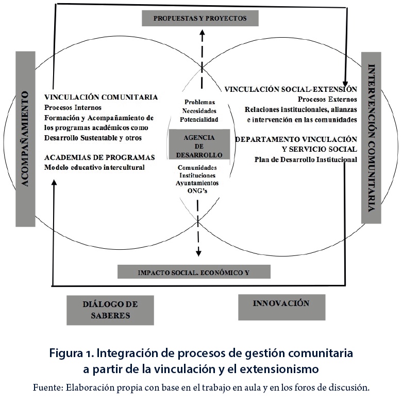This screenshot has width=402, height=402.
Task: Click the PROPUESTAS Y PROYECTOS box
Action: pyautogui.click(x=200, y=18)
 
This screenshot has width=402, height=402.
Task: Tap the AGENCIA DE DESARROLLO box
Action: pyautogui.click(x=199, y=144)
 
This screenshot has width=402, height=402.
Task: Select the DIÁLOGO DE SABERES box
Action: pyautogui.click(x=110, y=310)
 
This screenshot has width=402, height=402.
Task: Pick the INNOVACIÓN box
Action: pyautogui.click(x=282, y=307)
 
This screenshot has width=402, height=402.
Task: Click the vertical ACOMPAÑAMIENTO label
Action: pyautogui.click(x=25, y=139)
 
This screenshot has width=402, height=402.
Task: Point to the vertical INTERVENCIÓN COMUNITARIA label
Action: pyautogui.click(x=371, y=138)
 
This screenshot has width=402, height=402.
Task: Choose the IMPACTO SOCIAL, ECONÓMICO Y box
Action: pyautogui.click(x=194, y=272)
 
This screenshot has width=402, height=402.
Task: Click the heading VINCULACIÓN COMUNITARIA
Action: pyautogui.click(x=101, y=97)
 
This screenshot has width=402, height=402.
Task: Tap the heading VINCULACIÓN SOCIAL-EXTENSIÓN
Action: pyautogui.click(x=291, y=89)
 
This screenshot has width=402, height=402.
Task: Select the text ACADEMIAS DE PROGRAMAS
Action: pyautogui.click(x=99, y=157)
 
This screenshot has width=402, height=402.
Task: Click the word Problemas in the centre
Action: pyautogui.click(x=200, y=102)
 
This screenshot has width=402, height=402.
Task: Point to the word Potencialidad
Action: pyautogui.click(x=199, y=119)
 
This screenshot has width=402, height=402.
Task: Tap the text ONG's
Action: pyautogui.click(x=197, y=191)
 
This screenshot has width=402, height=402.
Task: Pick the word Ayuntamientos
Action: pyautogui.click(x=197, y=183)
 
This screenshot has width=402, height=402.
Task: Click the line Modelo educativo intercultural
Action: pyautogui.click(x=94, y=167)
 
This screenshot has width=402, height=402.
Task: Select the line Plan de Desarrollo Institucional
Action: pyautogui.click(x=306, y=159)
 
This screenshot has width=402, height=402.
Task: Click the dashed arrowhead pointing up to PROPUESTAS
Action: pyautogui.click(x=202, y=33)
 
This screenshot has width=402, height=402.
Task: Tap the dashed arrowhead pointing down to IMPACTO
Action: pyautogui.click(x=198, y=253)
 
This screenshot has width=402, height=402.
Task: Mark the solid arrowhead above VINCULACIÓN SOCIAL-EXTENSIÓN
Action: pyautogui.click(x=345, y=84)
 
